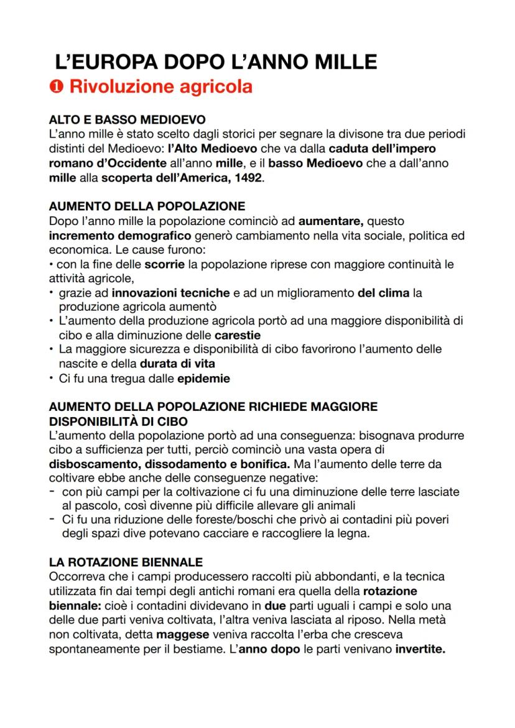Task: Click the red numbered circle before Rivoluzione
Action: pyautogui.click(x=57, y=88)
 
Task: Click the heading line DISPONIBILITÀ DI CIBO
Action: pyautogui.click(x=118, y=421)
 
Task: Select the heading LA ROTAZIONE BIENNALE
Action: pyautogui.click(x=126, y=562)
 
